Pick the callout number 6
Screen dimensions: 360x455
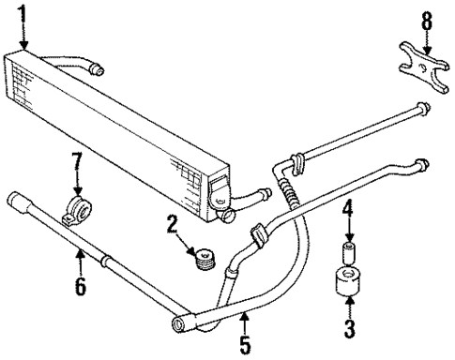81,286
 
